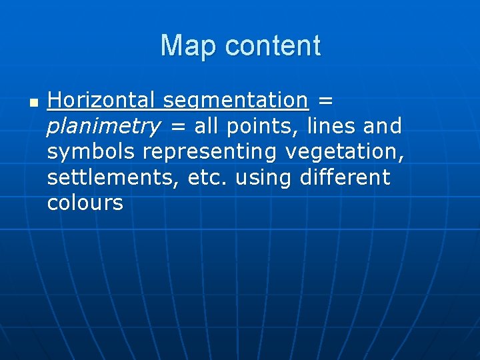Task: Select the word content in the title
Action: pyautogui.click(x=273, y=46)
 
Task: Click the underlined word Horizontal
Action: pyautogui.click(x=101, y=100)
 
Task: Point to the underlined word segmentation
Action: pyautogui.click(x=235, y=101)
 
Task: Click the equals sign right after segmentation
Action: pyautogui.click(x=325, y=101)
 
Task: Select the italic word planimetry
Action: pyautogui.click(x=104, y=127)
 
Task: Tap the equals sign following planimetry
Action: pyautogui.click(x=178, y=127)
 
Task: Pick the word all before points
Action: pyautogui.click(x=207, y=126)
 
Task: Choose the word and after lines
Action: pyautogui.click(x=383, y=126)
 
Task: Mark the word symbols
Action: pyautogui.click(x=91, y=152)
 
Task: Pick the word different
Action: pyautogui.click(x=345, y=178)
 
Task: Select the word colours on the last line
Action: pyautogui.click(x=85, y=203)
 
